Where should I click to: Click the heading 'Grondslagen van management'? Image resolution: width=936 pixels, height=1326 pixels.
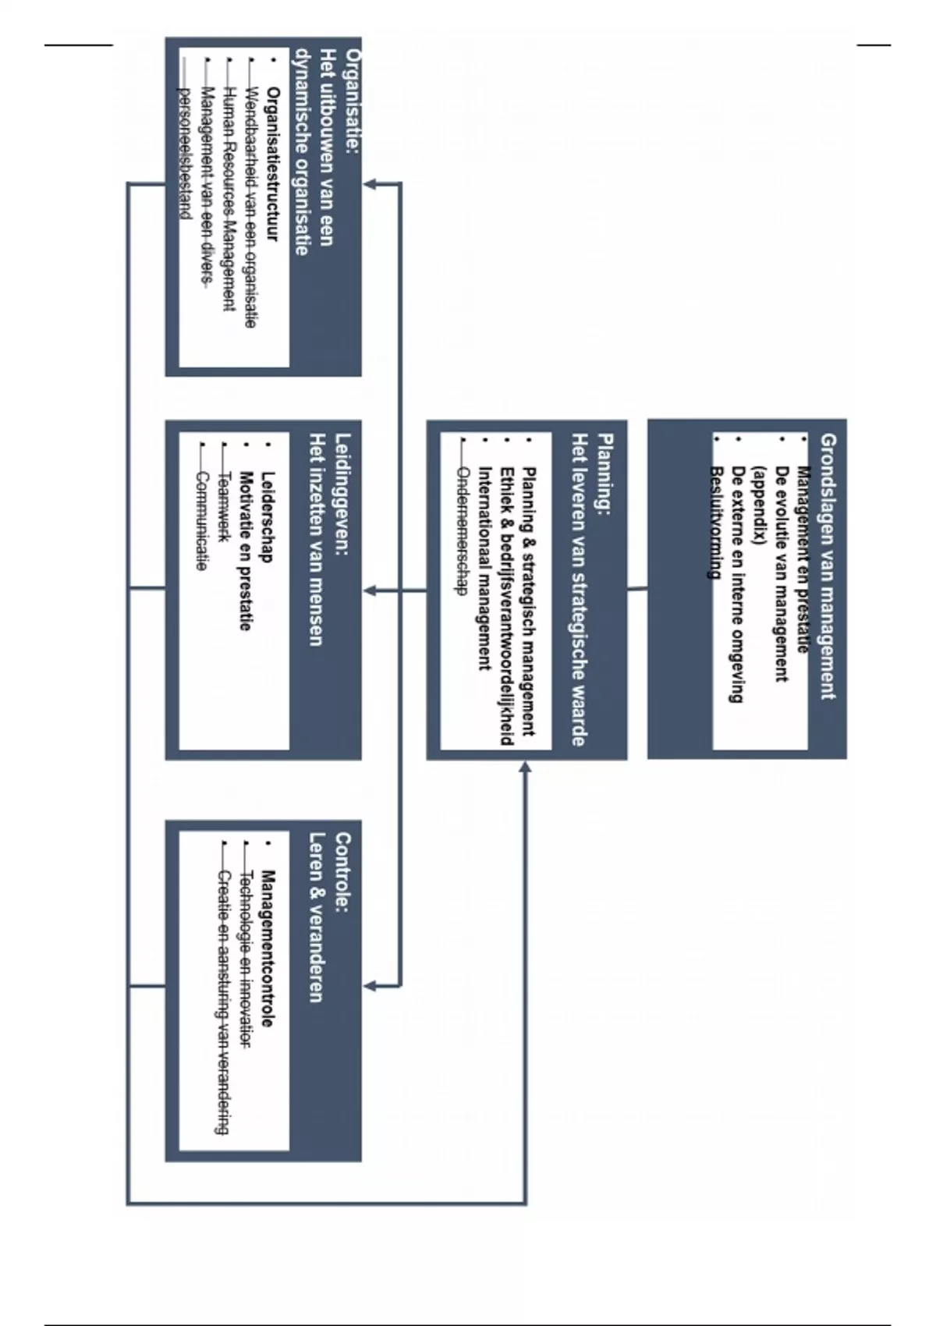coord(828,566)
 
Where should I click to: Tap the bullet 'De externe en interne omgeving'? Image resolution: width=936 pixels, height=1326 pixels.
coord(735,584)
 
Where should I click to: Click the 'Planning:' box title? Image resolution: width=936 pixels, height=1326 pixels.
coord(604,474)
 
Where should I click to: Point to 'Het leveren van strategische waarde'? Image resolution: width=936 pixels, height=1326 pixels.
coord(580,590)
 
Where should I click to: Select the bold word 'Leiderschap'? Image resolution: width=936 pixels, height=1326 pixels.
coord(268,516)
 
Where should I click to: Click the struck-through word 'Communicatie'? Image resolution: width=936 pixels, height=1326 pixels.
coord(202,521)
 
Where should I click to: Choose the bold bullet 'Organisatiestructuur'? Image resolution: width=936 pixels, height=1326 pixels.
coord(272,164)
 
